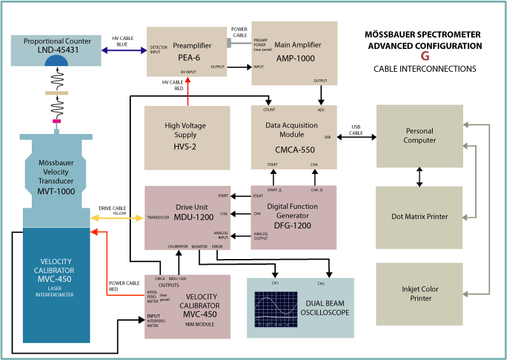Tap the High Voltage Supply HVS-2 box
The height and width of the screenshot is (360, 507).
tap(186, 137)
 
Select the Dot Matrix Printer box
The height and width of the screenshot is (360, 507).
tap(419, 217)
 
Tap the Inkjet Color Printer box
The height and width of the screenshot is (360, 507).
tap(419, 293)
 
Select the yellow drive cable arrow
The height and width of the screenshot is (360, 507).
tap(118, 218)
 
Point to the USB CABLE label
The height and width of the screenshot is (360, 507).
tap(356, 130)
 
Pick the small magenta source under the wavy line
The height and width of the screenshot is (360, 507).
tap(57, 121)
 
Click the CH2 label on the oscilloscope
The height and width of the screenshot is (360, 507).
tap(321, 283)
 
